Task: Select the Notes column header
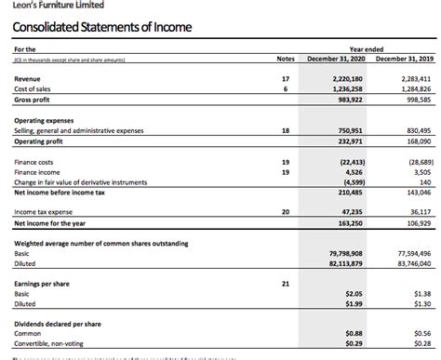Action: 286,59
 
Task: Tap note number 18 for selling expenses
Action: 286,131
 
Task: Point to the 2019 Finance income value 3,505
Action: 421,171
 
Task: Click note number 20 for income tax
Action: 286,212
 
